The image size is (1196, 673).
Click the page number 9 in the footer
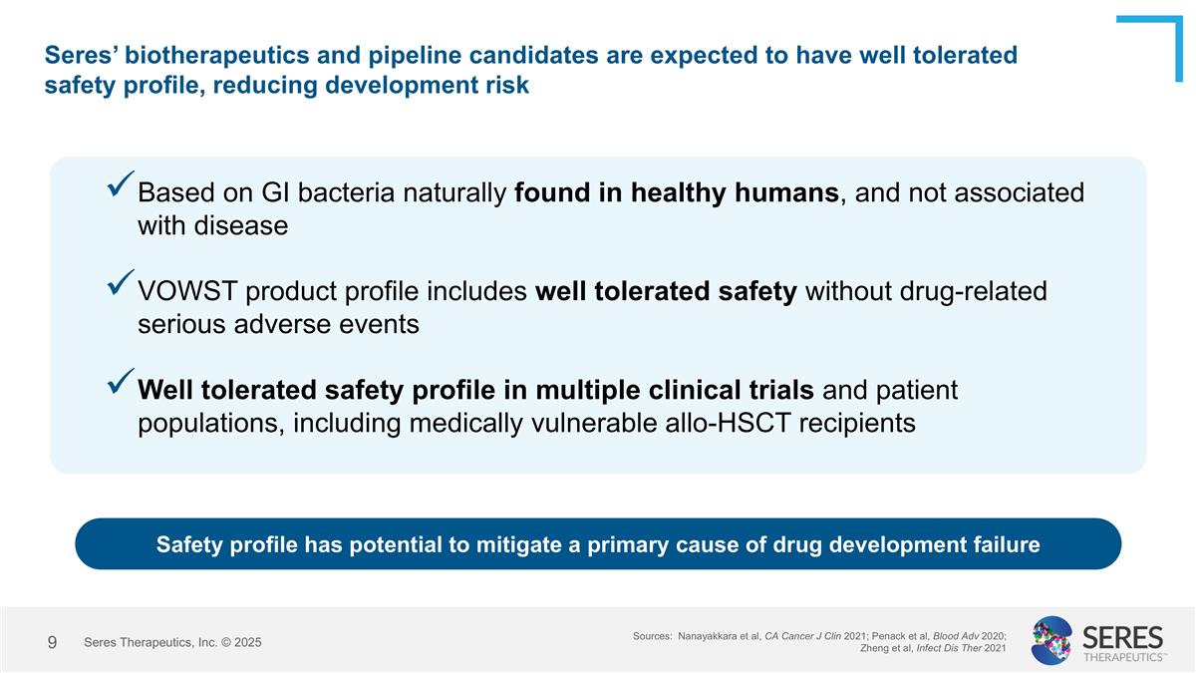52,642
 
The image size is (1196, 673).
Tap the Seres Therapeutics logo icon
1051,640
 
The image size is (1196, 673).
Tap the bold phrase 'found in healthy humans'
677,192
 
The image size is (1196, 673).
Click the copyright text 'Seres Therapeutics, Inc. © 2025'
172,643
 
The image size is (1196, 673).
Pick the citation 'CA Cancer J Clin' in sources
803,635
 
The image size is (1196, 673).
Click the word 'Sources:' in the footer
652,635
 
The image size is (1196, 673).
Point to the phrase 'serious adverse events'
278,325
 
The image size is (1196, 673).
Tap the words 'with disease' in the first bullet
212,226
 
